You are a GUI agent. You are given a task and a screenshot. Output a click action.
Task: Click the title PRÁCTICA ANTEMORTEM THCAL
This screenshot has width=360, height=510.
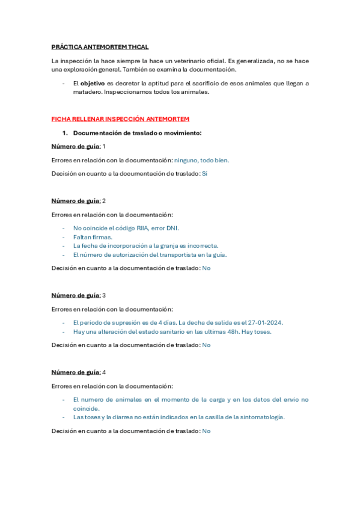click(x=100, y=47)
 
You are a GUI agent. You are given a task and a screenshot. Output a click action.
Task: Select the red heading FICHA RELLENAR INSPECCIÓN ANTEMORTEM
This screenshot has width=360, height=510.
click(x=120, y=118)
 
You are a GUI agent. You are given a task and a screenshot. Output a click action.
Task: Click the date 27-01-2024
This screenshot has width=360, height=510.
click(x=264, y=322)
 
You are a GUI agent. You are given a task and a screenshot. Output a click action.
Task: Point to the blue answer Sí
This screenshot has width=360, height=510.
click(x=204, y=174)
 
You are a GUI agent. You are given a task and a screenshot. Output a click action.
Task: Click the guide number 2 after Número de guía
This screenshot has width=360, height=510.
click(x=105, y=200)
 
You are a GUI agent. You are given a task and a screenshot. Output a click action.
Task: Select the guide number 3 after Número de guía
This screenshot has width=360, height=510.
click(x=105, y=295)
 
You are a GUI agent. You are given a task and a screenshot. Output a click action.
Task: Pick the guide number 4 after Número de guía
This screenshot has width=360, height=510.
click(x=105, y=372)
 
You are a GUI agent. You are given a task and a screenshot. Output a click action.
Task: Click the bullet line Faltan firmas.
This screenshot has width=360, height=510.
click(x=93, y=237)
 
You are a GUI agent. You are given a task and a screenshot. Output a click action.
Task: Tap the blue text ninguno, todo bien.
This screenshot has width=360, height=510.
click(x=202, y=160)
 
